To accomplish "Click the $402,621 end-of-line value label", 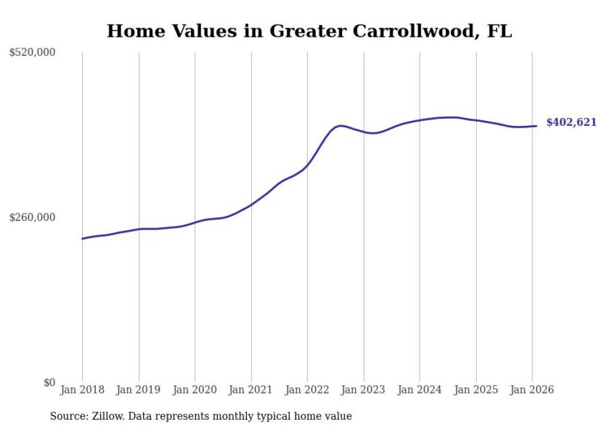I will coord(571,122).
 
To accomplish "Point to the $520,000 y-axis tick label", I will coord(33,53).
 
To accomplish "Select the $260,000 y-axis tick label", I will coord(33,217).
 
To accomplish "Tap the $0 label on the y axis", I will coord(49,382).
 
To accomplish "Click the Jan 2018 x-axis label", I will coord(82,390).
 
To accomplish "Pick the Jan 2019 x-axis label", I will coord(139,390).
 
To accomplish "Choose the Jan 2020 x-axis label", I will coord(195,390).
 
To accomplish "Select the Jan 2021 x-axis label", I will coord(251,390).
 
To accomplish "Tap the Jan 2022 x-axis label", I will coord(307,390).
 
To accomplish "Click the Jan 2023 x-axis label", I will coord(364,390).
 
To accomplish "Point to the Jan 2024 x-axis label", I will coord(420,390).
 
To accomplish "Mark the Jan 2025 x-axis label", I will coord(476,390).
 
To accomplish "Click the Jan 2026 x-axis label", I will coord(532,390).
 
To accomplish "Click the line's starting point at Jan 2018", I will coord(82,239).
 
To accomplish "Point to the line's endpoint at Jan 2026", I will coord(537,126).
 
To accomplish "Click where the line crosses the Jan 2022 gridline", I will coord(307,165).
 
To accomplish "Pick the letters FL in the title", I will coord(500,31).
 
